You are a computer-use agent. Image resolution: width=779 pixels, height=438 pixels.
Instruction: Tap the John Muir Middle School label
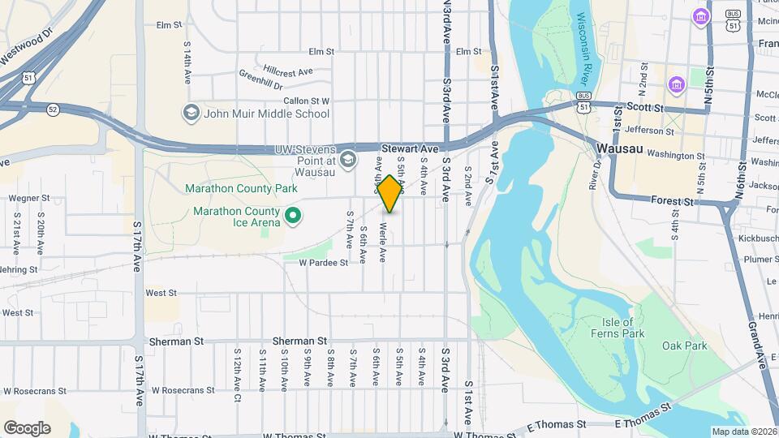[x=266, y=114]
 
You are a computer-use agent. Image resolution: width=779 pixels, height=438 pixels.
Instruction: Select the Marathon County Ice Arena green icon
[x=294, y=216]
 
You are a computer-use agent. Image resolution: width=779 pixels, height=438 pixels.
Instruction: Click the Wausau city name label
[x=618, y=149]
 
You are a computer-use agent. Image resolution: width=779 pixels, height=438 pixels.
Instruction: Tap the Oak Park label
[x=684, y=346]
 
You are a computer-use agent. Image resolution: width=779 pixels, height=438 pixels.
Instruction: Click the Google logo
[x=27, y=428]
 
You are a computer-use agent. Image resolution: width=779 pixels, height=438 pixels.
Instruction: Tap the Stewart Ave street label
[x=410, y=149]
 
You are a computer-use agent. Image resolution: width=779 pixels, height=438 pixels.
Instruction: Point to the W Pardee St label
[x=323, y=263]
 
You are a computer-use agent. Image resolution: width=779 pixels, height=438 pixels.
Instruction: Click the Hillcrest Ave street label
[x=287, y=71]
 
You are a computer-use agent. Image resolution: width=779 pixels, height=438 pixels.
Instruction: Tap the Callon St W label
[x=307, y=101]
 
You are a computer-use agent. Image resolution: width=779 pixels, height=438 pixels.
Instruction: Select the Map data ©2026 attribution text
[x=743, y=432]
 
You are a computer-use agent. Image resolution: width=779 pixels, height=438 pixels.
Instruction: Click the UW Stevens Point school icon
[x=348, y=160]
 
